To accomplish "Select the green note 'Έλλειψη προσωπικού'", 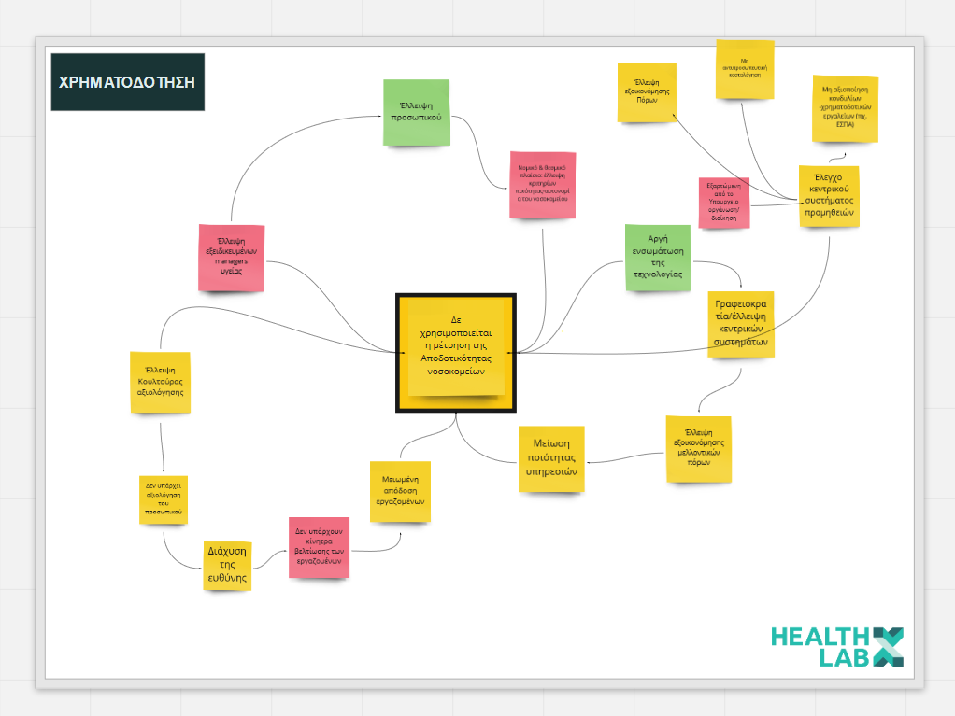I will pyautogui.click(x=416, y=112).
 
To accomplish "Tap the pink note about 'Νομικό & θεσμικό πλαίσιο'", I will pyautogui.click(x=542, y=184).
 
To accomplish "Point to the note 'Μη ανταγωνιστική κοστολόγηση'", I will pyautogui.click(x=745, y=69).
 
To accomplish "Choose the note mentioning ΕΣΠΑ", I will pyautogui.click(x=845, y=108).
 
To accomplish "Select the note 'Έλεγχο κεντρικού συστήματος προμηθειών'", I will pyautogui.click(x=828, y=197).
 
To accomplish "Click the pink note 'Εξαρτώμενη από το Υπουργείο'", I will pyautogui.click(x=724, y=202).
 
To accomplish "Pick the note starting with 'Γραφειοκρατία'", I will pyautogui.click(x=741, y=323).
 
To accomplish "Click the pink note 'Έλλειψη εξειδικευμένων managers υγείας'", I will pyautogui.click(x=231, y=257).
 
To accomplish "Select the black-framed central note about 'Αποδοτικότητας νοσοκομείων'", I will pyautogui.click(x=456, y=352).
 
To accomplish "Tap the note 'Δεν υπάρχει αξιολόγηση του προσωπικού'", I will pyautogui.click(x=164, y=499).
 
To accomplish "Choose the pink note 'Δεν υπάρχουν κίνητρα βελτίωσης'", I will pyautogui.click(x=319, y=546).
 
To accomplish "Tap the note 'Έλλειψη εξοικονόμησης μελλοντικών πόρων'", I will pyautogui.click(x=699, y=449).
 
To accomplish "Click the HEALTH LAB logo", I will pyautogui.click(x=836, y=647).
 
